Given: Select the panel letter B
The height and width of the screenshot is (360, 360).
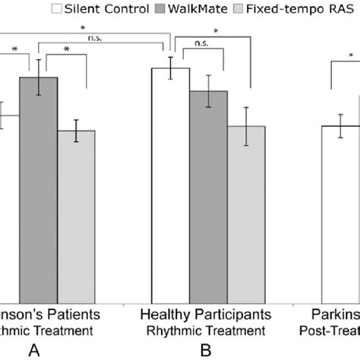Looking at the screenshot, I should point(204,350).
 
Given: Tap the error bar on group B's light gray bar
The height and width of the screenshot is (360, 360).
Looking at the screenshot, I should point(246,126).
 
